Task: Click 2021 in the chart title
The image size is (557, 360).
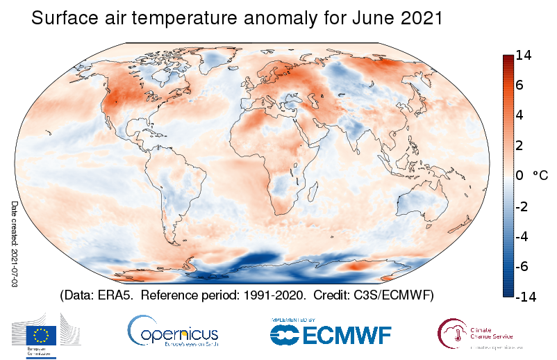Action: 422,19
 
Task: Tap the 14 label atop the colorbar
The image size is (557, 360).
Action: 524,58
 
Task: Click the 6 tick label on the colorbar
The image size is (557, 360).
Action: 520,85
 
